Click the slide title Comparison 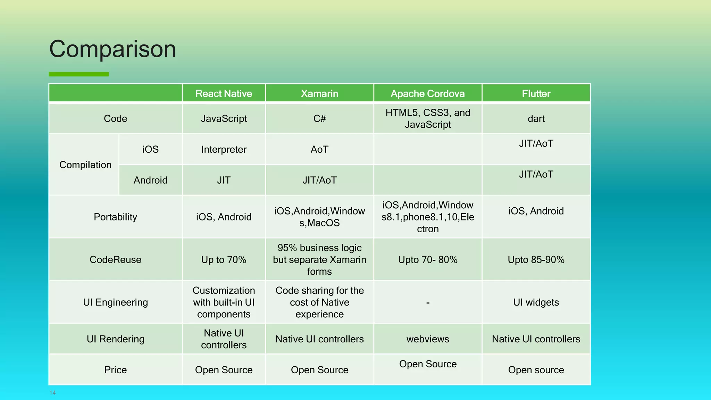[112, 49]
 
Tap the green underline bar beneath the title [78, 74]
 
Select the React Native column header [224, 93]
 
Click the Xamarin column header [319, 93]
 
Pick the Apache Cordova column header [427, 93]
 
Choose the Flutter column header [536, 93]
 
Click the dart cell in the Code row [536, 119]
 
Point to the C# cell [319, 119]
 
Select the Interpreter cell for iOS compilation [224, 150]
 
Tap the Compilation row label [85, 165]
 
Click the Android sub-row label [150, 180]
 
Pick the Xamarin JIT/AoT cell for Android [319, 180]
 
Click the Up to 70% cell [224, 260]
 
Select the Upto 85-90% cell [536, 260]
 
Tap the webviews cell [427, 339]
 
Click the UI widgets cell [536, 302]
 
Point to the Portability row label [115, 217]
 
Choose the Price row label [115, 370]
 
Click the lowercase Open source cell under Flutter [536, 370]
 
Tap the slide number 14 [52, 393]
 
